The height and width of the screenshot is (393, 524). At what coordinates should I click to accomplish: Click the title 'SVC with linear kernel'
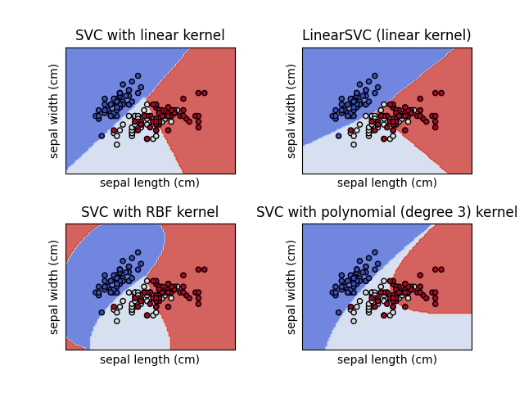[150, 36]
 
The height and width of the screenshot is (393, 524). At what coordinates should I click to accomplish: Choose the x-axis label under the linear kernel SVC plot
[150, 183]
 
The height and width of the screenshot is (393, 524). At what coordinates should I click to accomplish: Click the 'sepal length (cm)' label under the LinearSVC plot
[386, 183]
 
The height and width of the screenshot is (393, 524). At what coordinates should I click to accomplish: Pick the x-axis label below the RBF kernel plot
[150, 359]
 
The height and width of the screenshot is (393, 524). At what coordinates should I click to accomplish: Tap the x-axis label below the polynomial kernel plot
[386, 359]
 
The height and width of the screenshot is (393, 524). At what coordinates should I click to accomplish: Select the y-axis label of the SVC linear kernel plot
[55, 111]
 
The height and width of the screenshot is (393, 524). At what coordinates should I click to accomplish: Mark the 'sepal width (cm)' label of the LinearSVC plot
[291, 111]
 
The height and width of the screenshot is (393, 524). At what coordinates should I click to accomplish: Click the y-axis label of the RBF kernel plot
[55, 287]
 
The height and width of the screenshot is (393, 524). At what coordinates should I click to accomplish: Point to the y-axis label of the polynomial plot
[291, 287]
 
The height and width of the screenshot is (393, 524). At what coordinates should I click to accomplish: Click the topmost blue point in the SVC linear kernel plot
[138, 75]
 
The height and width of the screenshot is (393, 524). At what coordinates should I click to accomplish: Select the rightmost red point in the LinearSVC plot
[441, 93]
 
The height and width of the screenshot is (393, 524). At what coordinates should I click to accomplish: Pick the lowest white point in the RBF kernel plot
[116, 321]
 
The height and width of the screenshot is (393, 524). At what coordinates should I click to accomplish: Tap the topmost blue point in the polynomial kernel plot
[374, 252]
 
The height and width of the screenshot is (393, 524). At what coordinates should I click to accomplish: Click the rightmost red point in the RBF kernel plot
[205, 269]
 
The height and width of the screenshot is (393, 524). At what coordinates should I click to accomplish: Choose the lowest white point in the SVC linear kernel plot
[116, 144]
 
